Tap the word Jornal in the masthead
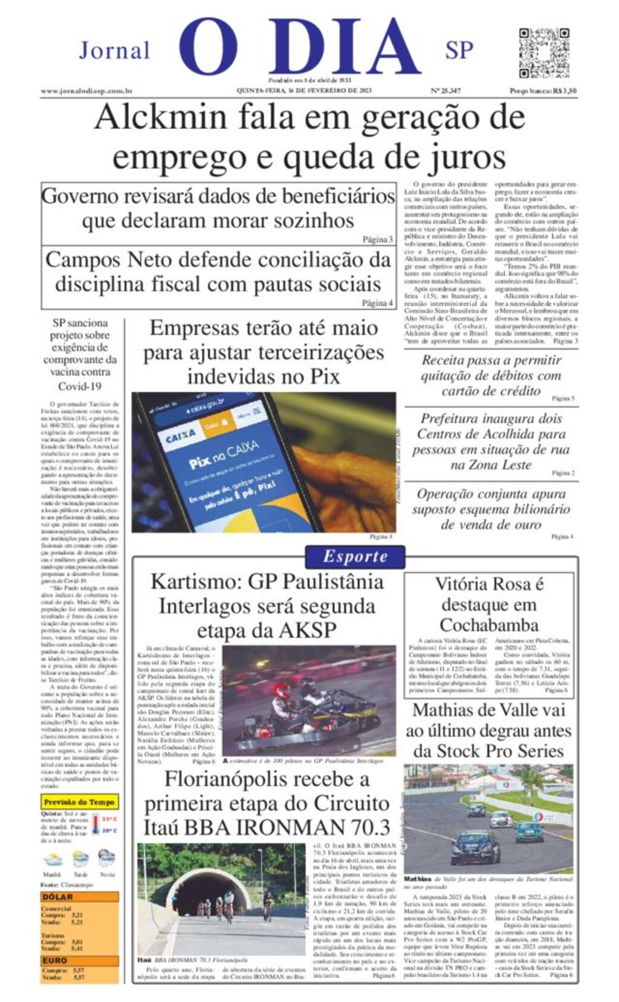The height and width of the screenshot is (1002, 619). click(x=114, y=50)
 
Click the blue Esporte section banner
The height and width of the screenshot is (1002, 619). click(x=355, y=556)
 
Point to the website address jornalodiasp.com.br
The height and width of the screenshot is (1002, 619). click(x=86, y=91)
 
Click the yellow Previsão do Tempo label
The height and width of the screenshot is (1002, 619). click(x=79, y=802)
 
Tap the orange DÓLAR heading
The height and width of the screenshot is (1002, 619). click(x=57, y=897)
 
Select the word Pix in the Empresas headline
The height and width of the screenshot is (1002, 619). click(x=325, y=376)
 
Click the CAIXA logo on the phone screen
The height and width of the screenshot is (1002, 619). click(x=181, y=434)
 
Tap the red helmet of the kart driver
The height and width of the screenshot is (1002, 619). click(x=281, y=689)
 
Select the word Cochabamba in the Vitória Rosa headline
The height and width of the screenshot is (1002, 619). click(x=488, y=625)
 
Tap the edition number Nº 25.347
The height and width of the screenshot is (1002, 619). click(x=446, y=91)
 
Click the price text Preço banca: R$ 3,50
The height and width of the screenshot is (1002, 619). click(x=543, y=91)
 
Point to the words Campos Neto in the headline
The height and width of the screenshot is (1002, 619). click(x=101, y=260)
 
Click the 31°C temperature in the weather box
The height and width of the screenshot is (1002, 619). click(x=109, y=819)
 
